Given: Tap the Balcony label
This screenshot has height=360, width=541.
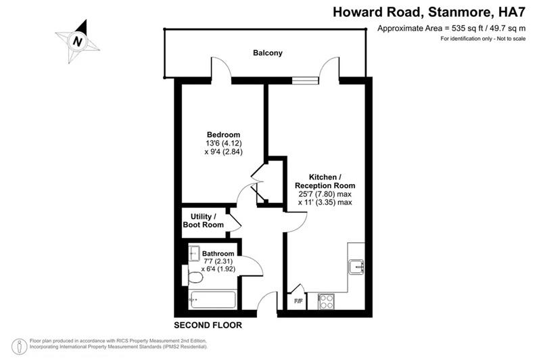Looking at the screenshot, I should (x=267, y=53).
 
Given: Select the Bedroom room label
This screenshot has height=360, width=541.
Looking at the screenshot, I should (x=222, y=134).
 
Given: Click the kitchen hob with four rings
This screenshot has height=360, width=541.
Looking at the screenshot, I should (x=325, y=300).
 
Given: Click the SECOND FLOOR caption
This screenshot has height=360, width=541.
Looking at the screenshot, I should (x=208, y=325).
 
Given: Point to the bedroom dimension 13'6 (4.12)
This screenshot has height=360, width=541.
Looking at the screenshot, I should (x=222, y=143).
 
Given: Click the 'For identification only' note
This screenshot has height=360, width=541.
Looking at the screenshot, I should (x=481, y=39).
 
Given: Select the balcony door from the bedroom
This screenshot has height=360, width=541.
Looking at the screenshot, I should (x=221, y=70).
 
